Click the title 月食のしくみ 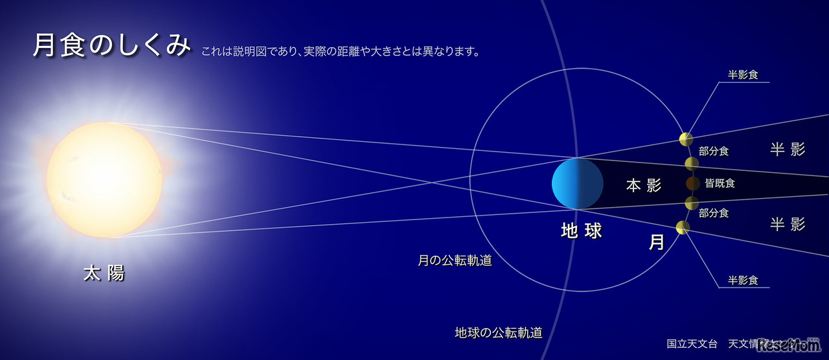[111, 46]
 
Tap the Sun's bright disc [104, 179]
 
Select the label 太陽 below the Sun [104, 273]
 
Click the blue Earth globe [577, 183]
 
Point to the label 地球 [581, 231]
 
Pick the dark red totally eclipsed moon [692, 183]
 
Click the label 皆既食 [720, 183]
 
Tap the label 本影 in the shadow [643, 186]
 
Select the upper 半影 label [788, 150]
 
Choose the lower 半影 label [788, 224]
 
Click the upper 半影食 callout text [743, 74]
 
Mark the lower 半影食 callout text [743, 280]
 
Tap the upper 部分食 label [714, 151]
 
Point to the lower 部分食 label [714, 212]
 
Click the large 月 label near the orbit [656, 242]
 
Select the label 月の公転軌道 [455, 261]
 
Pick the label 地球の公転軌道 [498, 333]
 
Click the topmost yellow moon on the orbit [686, 139]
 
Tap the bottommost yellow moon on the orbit [682, 227]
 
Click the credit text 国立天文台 [692, 343]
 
